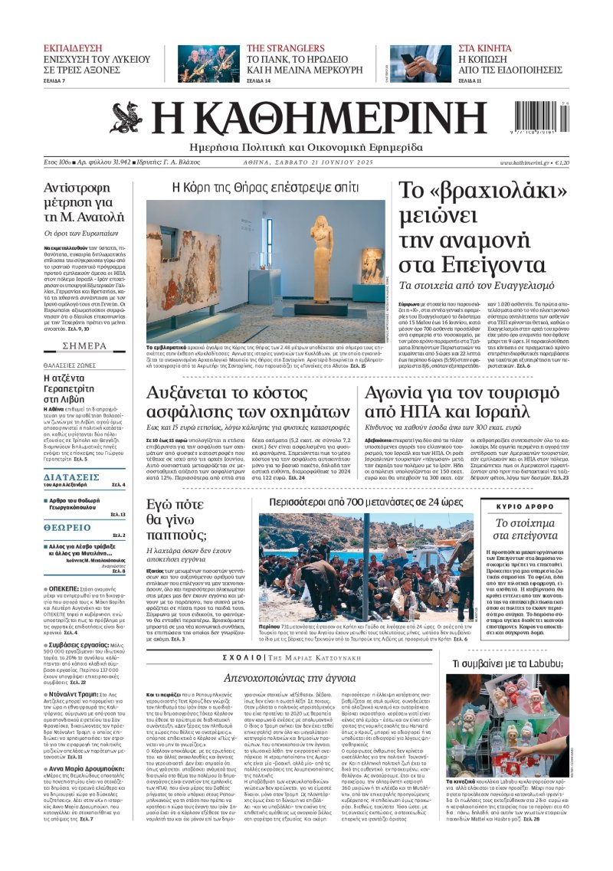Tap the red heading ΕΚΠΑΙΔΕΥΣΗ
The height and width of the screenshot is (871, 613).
click(x=72, y=47)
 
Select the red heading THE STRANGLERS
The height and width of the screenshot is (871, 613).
click(x=286, y=47)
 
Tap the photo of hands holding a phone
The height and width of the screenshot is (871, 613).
click(x=421, y=64)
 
